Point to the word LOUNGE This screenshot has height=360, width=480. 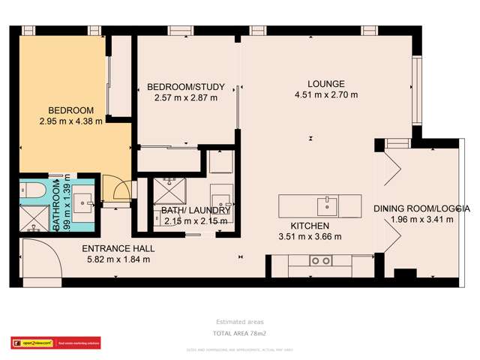pos(326,84)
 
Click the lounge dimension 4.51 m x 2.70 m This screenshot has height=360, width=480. pos(326,95)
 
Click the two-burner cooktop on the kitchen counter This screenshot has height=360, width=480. pos(321,261)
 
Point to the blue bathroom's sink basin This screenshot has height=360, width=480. pos(83,198)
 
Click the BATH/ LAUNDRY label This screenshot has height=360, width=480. pos(190,211)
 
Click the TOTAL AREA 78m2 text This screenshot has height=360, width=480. pos(239,332)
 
